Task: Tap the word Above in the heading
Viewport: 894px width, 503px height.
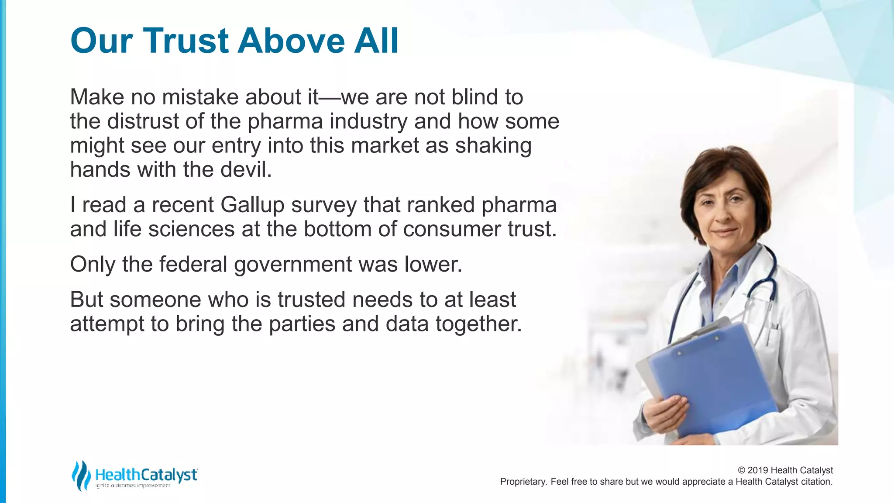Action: [291, 41]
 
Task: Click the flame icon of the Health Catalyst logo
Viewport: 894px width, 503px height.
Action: [80, 475]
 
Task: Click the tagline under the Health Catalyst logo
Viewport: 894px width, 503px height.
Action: [133, 486]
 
